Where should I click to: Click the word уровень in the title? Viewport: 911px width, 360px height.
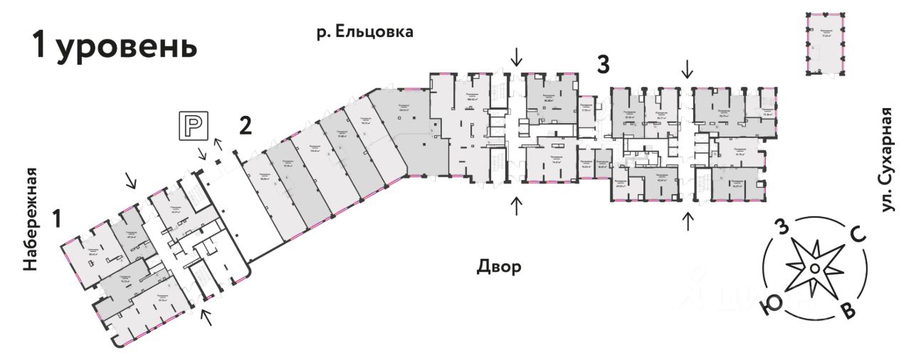[125, 47]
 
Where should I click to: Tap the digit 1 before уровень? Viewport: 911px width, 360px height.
[40, 47]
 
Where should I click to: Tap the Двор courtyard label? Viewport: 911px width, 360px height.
[498, 268]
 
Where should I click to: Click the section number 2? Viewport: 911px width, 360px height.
[245, 126]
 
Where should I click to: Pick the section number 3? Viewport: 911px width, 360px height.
[603, 65]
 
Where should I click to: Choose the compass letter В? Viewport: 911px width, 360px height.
[847, 313]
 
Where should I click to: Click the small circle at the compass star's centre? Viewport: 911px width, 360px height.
[813, 268]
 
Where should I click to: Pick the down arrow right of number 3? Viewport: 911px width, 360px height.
[687, 69]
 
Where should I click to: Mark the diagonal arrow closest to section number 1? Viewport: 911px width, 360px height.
[131, 181]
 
